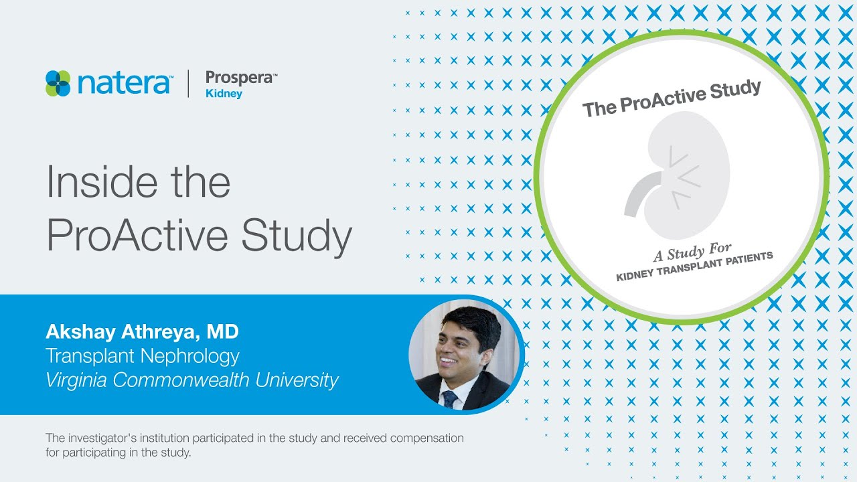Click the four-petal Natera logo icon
(x=58, y=84)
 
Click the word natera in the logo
(x=124, y=84)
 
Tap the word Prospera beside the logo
(x=239, y=78)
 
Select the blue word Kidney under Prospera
(x=224, y=94)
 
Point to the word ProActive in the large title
(x=137, y=236)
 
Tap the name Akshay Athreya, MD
(x=142, y=331)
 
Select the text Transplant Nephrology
(x=142, y=355)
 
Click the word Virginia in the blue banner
(x=76, y=380)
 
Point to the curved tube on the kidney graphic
(x=639, y=191)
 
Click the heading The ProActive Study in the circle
(x=672, y=98)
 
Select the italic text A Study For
(x=692, y=252)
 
